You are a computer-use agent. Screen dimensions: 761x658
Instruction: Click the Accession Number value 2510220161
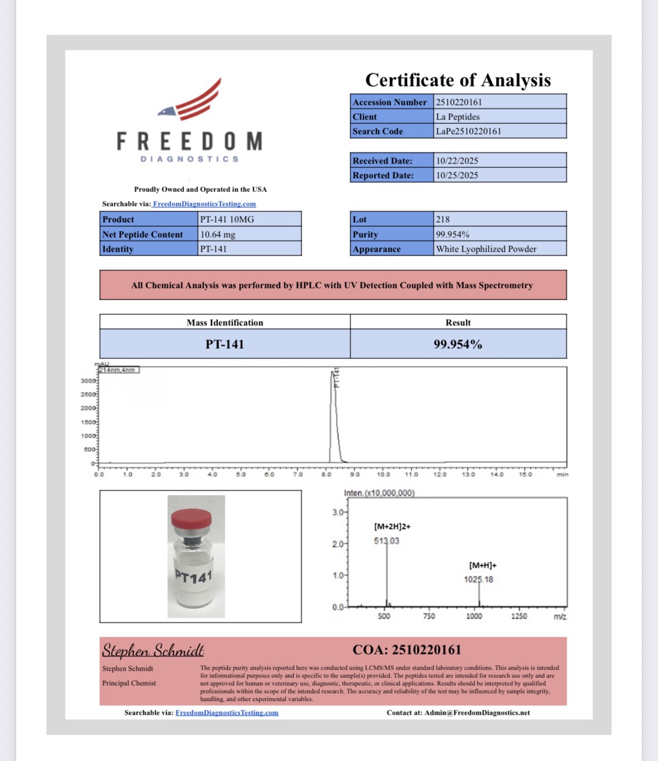coord(459,102)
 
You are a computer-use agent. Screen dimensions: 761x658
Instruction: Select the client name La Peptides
coord(458,117)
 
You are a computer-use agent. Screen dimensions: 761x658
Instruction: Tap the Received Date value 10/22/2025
coord(457,161)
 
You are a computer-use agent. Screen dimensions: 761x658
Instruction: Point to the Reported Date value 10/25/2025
coord(457,175)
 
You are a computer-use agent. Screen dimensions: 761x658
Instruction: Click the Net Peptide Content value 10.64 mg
coord(218,234)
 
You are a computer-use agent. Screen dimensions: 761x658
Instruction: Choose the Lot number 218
coord(443,219)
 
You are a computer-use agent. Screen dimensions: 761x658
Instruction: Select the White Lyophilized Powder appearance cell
coord(486,249)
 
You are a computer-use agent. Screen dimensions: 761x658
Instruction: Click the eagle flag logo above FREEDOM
coord(192,100)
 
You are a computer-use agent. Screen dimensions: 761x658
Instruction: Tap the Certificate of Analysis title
coord(458,80)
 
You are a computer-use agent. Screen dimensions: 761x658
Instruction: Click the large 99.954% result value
coord(458,344)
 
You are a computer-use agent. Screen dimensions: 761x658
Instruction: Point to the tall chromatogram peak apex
coord(333,373)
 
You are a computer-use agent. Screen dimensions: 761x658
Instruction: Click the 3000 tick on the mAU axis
coord(88,381)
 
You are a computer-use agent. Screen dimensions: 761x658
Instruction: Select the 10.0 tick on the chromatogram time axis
coord(383,475)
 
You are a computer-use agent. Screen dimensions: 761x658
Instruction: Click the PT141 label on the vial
coord(194,576)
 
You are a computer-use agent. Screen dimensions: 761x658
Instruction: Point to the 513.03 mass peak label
coord(386,541)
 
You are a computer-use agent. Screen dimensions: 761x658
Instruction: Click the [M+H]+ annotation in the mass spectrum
coord(483,565)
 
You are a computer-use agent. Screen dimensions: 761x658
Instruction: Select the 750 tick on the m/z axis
coord(429,616)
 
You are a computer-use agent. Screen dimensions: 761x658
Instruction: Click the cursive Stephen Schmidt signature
coord(153,651)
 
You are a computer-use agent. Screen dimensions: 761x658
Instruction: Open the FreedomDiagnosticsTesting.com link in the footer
coord(227,712)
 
